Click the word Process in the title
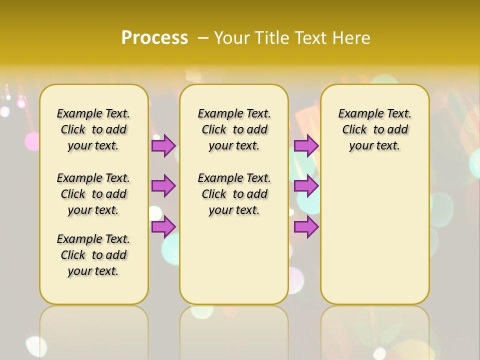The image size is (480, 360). [154, 37]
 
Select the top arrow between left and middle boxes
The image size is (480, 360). [163, 145]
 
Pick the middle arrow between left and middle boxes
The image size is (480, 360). [163, 186]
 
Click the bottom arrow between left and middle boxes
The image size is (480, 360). [163, 227]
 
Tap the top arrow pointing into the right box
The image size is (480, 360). [306, 145]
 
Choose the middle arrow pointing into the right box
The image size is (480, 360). [306, 186]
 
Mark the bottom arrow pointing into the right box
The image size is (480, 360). [306, 227]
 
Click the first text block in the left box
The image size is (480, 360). [93, 129]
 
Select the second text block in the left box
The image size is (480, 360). [93, 194]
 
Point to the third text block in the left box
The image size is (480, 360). [93, 255]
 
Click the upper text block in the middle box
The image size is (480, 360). [234, 129]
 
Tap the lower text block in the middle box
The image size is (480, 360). [234, 194]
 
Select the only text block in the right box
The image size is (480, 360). [374, 129]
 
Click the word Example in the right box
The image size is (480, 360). [358, 114]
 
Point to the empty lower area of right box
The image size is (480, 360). [374, 235]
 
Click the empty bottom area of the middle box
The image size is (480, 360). [234, 265]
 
